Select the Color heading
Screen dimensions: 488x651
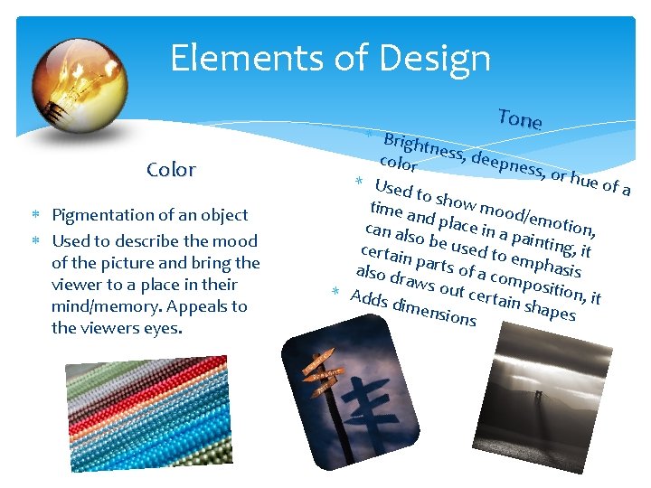click(171, 170)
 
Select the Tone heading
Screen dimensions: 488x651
click(519, 119)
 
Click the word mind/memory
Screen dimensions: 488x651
click(107, 306)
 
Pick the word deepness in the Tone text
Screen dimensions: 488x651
click(506, 166)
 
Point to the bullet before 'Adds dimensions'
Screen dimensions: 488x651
click(334, 290)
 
